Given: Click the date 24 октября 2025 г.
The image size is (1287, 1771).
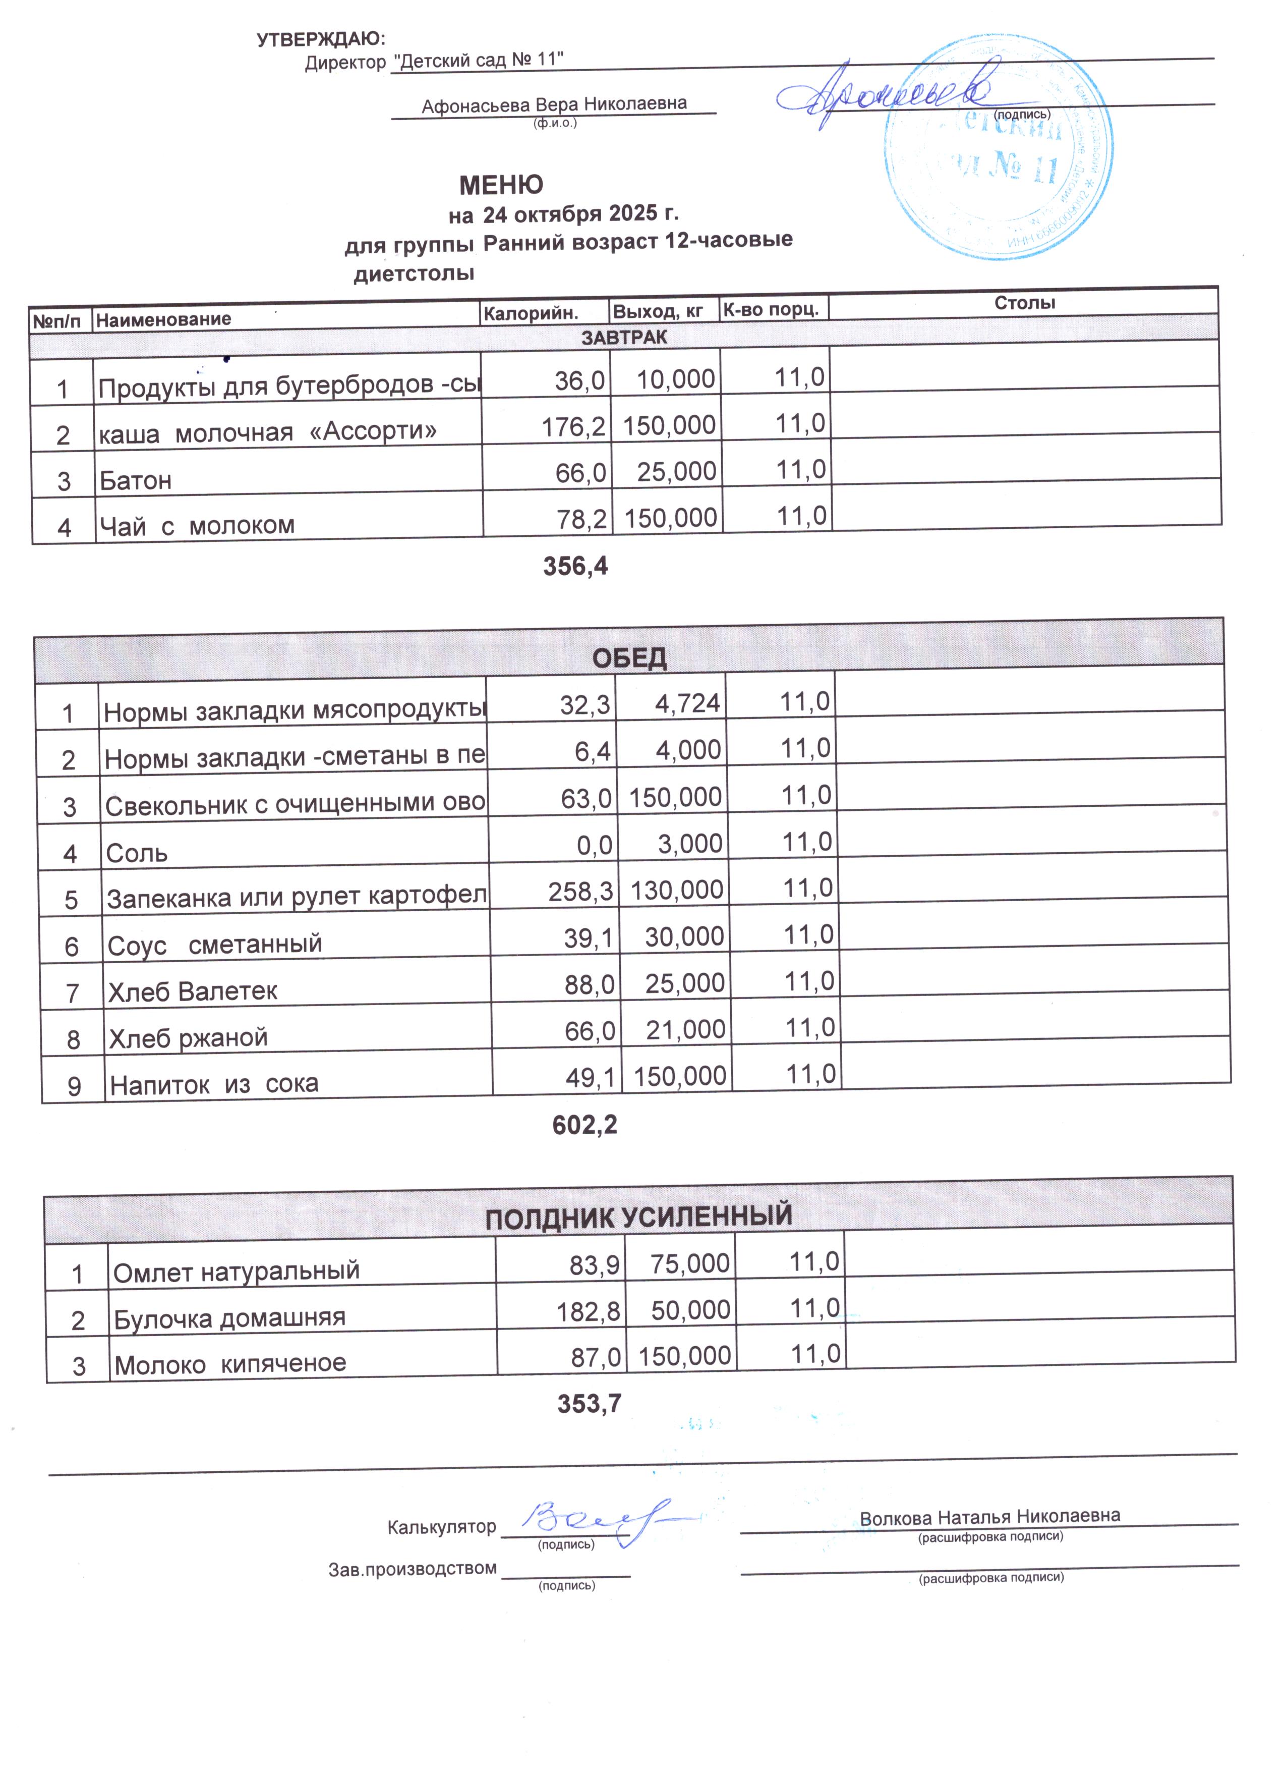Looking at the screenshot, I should [580, 213].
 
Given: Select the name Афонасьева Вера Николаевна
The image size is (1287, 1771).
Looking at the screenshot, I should [554, 104].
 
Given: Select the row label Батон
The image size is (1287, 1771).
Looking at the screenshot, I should [135, 480].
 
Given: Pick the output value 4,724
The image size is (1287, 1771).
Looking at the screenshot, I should [687, 703].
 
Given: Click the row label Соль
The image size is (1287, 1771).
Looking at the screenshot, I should [137, 853].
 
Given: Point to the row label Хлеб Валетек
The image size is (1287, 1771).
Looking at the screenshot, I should [193, 991].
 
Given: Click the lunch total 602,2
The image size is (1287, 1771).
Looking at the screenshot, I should [584, 1125].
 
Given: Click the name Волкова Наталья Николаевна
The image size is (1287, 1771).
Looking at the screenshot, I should [989, 1517].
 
